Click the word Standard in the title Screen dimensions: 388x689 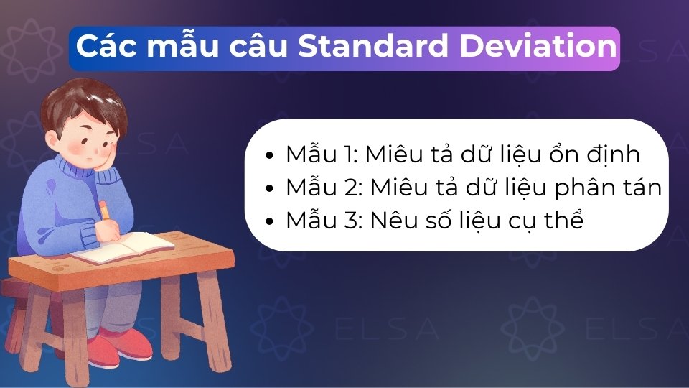click(372, 47)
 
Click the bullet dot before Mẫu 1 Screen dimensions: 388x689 click(269, 155)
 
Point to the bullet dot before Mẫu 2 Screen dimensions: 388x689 click(269, 188)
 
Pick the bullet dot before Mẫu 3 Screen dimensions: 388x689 click(269, 221)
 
